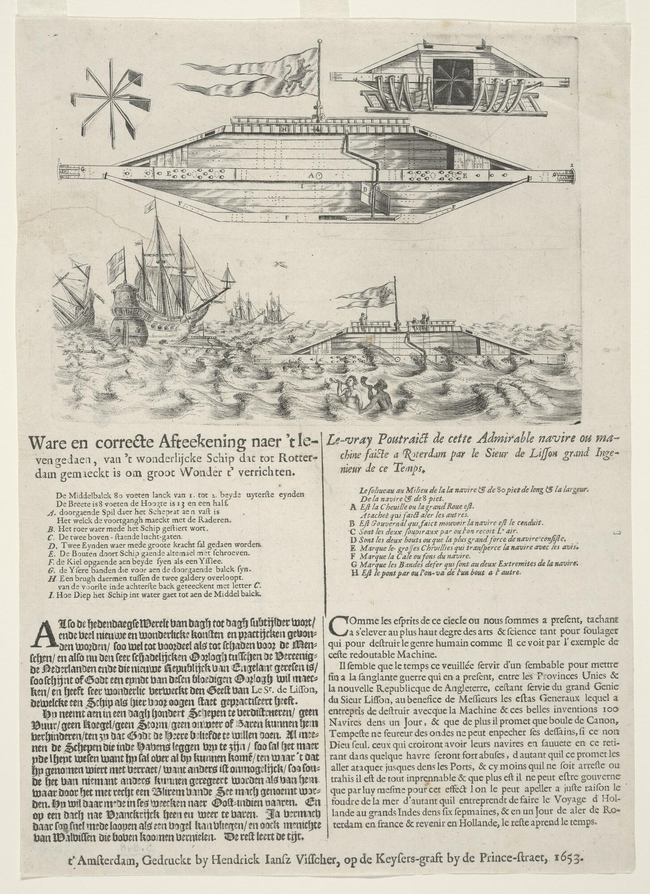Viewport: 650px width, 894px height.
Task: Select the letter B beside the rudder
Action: click(x=364, y=189)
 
